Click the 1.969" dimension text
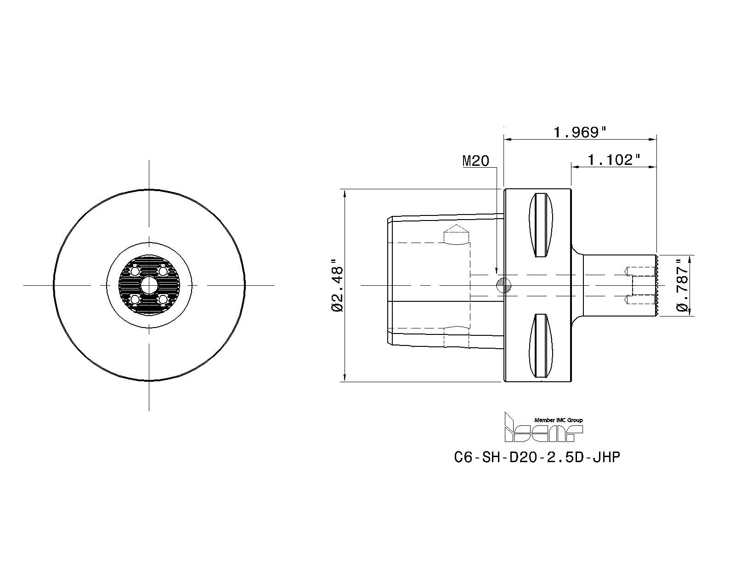(x=580, y=133)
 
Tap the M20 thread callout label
(x=475, y=161)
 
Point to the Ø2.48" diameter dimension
(x=338, y=285)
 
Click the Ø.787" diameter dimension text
(x=683, y=285)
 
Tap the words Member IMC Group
(x=558, y=420)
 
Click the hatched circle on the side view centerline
(x=504, y=285)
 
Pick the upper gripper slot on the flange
(x=541, y=225)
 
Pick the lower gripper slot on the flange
(x=541, y=346)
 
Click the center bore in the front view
(x=149, y=285)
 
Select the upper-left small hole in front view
(x=135, y=271)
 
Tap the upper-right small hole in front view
(x=162, y=271)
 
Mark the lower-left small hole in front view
(x=135, y=300)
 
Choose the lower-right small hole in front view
(x=162, y=300)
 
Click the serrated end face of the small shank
(x=657, y=285)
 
